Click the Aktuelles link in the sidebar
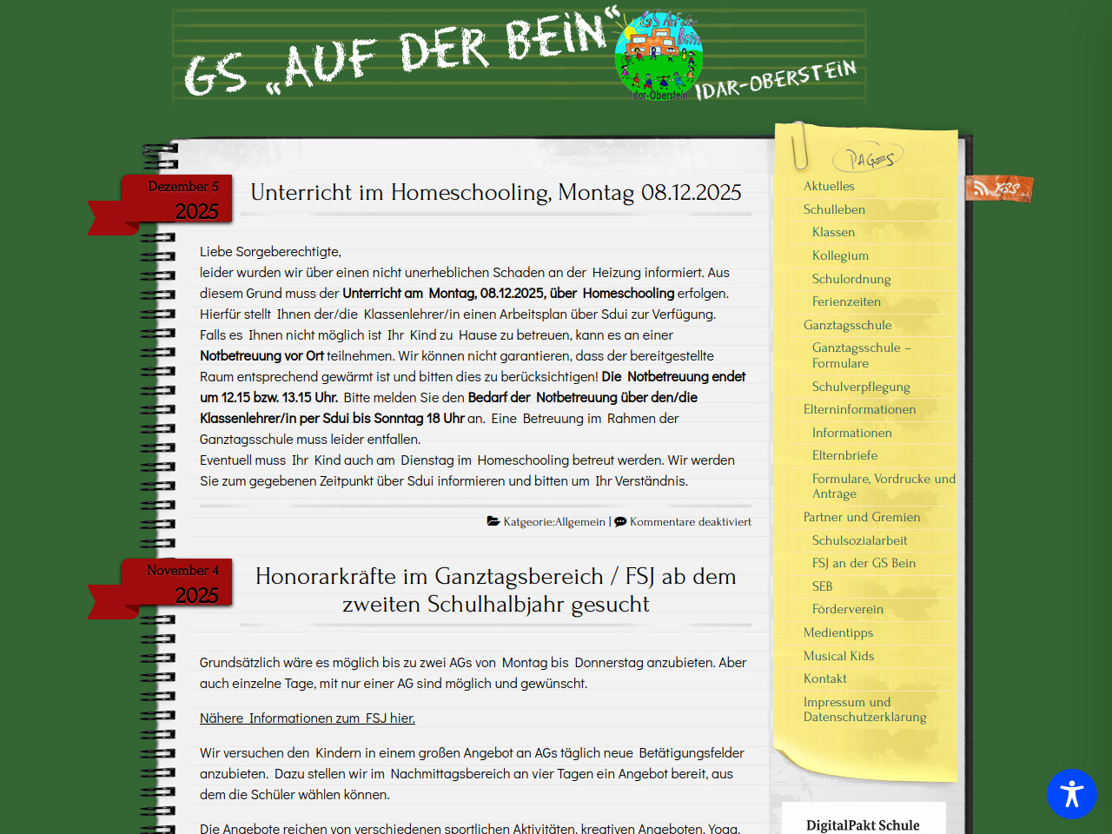click(x=829, y=186)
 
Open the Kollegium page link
click(x=840, y=255)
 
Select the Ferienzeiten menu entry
click(x=846, y=301)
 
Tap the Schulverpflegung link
click(x=861, y=387)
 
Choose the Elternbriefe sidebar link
click(x=844, y=455)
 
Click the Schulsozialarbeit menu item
click(x=859, y=540)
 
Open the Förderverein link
click(x=847, y=609)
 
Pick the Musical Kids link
click(x=838, y=656)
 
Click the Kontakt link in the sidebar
click(x=824, y=678)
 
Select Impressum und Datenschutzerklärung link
click(x=864, y=709)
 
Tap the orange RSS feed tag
click(x=999, y=188)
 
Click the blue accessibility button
click(x=1071, y=793)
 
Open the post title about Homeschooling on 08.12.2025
click(x=496, y=192)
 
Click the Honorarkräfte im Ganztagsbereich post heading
click(x=496, y=590)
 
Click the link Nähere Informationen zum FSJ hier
click(x=308, y=718)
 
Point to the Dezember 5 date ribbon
click(x=183, y=200)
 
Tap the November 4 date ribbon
click(x=183, y=584)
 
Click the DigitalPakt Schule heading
click(x=863, y=825)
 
